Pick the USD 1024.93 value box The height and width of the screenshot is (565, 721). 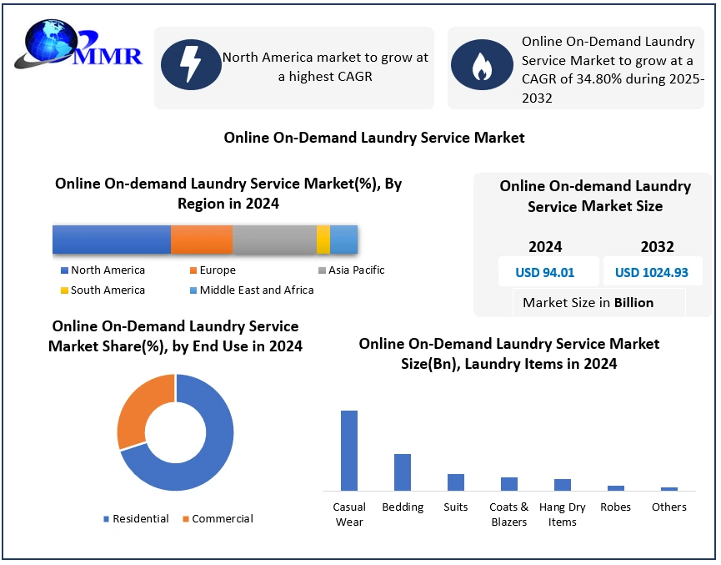coord(651,272)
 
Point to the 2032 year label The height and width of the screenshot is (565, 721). coord(657,247)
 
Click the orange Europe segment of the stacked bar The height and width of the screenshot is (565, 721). coord(202,240)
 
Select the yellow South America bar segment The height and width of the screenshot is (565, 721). coord(323,240)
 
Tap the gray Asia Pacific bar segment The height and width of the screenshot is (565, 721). coord(274,240)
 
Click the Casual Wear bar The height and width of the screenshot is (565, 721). coord(349,451)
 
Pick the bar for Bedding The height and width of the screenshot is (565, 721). coord(403,472)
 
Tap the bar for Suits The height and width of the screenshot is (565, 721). coord(456,482)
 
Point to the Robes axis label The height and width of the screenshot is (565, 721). coord(616,507)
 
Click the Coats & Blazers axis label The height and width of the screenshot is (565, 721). coord(509,514)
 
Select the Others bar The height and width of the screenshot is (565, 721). coord(669,488)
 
